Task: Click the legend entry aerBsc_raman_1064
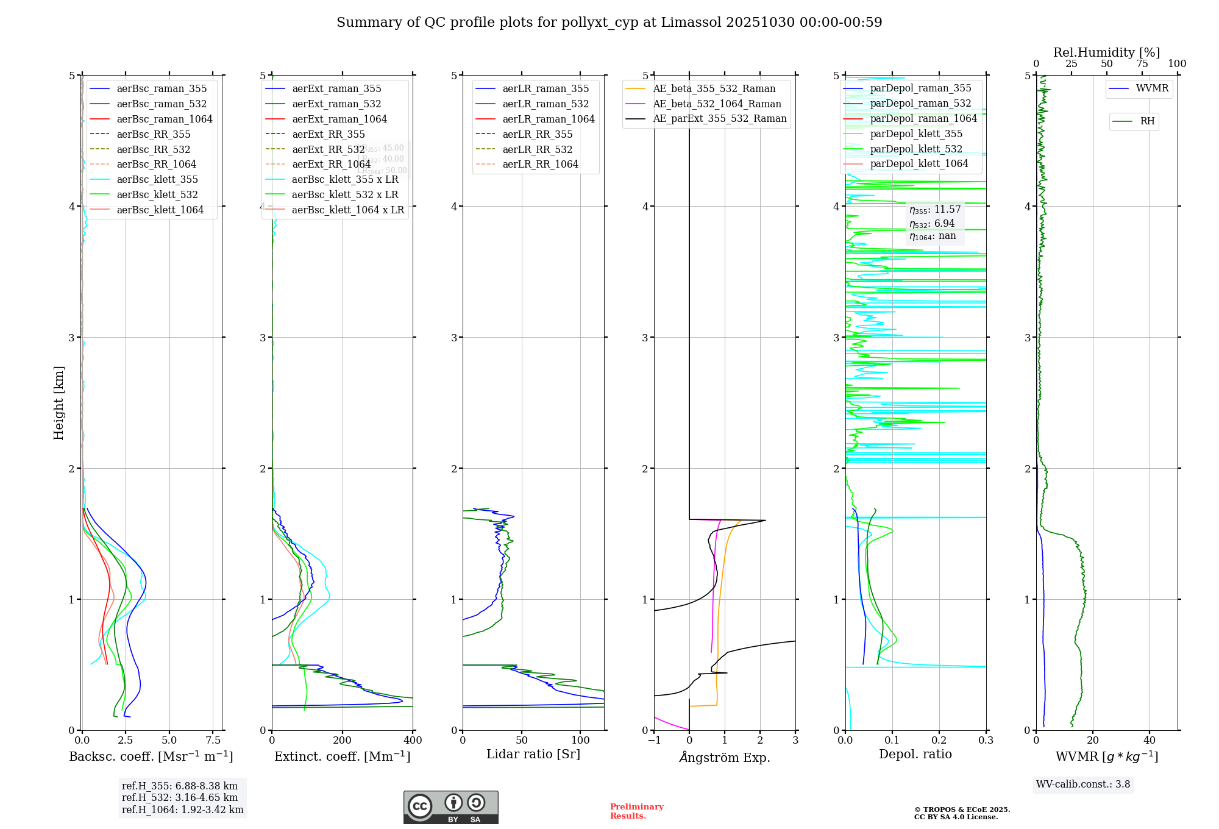[165, 119]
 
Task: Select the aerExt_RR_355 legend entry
[329, 135]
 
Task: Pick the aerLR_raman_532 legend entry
[546, 104]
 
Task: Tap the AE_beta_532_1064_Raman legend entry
[717, 104]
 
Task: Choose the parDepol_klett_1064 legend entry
[919, 164]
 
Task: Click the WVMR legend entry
[1152, 88]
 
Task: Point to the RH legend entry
[1147, 121]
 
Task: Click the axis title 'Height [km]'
[59, 403]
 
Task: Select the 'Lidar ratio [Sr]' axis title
[533, 755]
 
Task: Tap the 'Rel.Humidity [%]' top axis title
[1106, 52]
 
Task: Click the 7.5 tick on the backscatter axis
[213, 741]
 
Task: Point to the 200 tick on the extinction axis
[343, 741]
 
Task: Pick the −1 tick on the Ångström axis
[654, 741]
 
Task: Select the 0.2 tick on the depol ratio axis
[939, 741]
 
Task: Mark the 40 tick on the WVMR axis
[1150, 741]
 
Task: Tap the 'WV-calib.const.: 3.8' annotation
[1083, 785]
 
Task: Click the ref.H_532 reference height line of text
[180, 798]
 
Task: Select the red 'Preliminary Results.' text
[636, 811]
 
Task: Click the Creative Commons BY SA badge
[450, 808]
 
